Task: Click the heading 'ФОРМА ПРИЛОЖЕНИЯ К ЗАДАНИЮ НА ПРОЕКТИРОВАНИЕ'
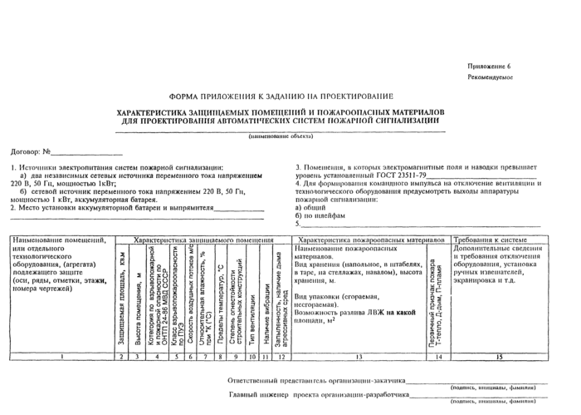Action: coord(282,96)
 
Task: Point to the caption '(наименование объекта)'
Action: coord(281,136)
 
